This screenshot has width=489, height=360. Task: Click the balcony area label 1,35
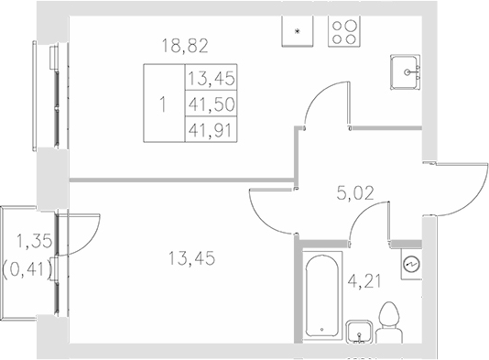pos(30,244)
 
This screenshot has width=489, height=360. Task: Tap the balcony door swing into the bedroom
pos(81,231)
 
